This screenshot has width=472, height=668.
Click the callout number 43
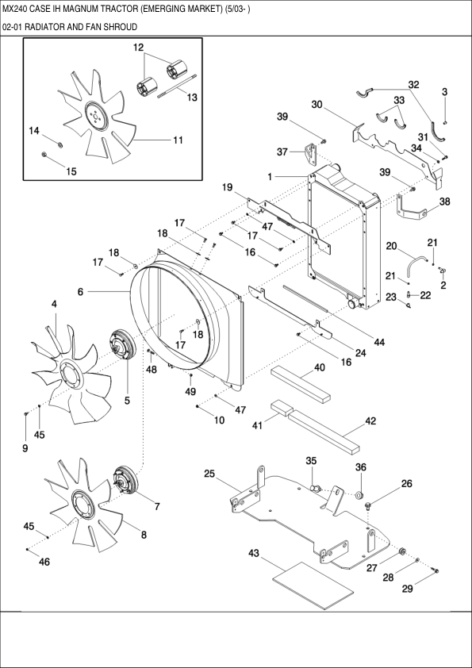coord(254,552)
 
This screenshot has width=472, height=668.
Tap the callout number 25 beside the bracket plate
coord(209,474)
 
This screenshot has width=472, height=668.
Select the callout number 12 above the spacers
coord(138,48)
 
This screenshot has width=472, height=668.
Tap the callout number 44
coord(378,342)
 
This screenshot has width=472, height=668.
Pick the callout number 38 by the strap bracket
coord(444,202)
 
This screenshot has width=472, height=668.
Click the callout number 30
coord(317,105)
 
